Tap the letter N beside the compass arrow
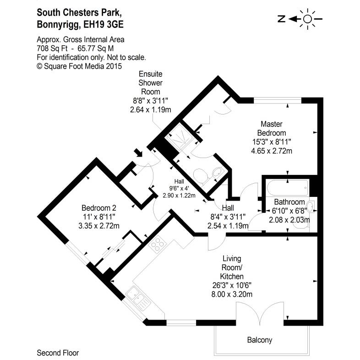click(282, 19)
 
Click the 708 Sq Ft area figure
click(51, 48)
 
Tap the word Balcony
click(260, 340)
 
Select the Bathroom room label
click(289, 202)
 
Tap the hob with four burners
click(158, 245)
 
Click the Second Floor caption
click(58, 353)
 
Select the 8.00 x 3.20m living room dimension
click(231, 294)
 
